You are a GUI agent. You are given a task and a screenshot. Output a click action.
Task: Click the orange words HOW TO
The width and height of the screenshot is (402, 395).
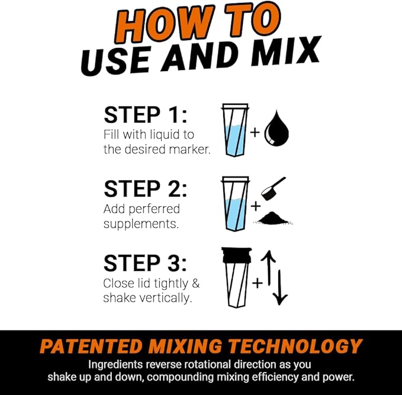[202, 25]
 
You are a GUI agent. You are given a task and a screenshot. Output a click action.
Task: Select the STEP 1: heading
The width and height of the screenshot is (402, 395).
[145, 115]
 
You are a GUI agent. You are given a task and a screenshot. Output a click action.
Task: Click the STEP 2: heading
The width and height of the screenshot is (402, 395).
[145, 189]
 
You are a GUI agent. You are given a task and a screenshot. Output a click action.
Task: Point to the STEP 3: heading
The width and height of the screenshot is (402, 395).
[145, 263]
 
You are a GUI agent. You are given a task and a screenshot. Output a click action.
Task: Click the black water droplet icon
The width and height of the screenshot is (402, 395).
[276, 130]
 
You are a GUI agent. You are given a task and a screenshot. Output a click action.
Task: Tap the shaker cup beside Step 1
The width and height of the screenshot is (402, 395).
[234, 130]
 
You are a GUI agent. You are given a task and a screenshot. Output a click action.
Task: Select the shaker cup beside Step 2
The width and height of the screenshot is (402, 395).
[234, 204]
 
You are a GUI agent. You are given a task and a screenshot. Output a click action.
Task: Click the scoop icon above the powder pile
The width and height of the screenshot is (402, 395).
[275, 188]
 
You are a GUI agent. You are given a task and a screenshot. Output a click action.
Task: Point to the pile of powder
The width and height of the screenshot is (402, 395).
[275, 218]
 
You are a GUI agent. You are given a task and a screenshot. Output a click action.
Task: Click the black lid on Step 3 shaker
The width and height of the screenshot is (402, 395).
[236, 255]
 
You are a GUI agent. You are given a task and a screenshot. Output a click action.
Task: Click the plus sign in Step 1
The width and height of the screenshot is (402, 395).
[255, 131]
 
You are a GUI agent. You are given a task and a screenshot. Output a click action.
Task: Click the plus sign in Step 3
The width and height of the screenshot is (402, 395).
[257, 283]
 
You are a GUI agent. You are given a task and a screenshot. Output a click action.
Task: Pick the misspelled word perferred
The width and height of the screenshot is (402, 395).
[152, 210]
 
